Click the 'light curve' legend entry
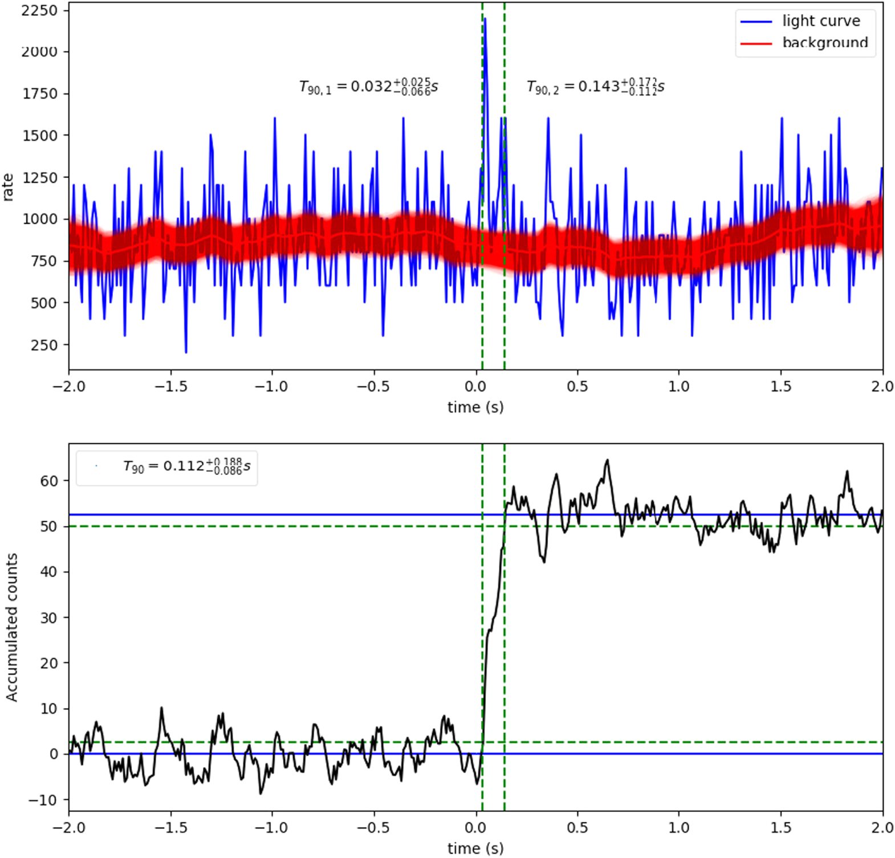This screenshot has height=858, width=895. click(820, 21)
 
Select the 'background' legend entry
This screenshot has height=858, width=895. click(824, 43)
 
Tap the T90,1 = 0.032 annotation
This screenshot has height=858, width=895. click(368, 87)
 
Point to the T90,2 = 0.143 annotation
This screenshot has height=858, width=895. click(595, 87)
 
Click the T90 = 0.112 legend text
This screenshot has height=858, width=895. click(186, 466)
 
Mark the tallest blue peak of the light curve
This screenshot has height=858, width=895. click(485, 19)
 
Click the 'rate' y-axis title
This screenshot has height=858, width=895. click(8, 186)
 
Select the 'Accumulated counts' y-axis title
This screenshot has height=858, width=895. click(11, 627)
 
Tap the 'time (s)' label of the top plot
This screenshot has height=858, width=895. click(475, 407)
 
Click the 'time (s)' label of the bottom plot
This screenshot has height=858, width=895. click(475, 848)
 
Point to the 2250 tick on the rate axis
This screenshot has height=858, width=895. click(39, 10)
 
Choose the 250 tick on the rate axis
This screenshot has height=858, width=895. click(44, 345)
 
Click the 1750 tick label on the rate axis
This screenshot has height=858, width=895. click(39, 93)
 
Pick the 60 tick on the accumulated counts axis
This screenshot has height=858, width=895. click(49, 481)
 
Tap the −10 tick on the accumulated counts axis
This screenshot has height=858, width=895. click(43, 800)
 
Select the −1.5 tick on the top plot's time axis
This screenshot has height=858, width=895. click(170, 387)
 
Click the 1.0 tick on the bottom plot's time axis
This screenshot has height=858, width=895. click(678, 827)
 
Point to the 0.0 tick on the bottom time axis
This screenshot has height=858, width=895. click(475, 827)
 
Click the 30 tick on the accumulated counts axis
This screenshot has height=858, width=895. click(49, 617)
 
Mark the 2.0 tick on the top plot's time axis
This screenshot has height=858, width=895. click(882, 387)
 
